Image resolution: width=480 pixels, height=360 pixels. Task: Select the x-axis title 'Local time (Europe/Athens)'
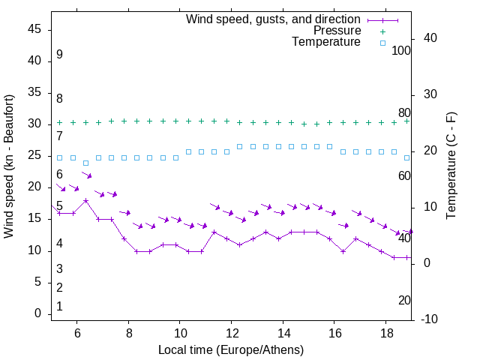231,349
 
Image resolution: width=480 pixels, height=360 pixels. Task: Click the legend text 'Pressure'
337,31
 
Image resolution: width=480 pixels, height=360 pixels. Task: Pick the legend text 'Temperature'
326,43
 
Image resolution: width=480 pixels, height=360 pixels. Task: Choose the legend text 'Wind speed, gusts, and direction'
274,19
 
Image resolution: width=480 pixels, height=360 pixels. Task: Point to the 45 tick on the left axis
34,29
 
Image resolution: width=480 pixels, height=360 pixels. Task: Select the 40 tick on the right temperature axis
431,38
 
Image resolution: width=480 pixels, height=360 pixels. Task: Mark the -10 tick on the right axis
429,319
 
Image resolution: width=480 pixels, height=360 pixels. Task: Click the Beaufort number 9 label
59,55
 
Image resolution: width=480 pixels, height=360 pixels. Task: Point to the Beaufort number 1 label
59,306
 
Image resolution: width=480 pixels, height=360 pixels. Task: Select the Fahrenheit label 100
402,50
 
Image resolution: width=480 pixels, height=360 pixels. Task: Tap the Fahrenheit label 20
404,300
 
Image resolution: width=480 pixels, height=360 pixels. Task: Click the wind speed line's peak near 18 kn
86,200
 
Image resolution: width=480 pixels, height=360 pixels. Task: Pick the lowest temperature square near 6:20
86,163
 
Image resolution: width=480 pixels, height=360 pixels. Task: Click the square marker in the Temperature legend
382,43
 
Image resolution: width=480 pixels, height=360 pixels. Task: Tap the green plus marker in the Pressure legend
382,31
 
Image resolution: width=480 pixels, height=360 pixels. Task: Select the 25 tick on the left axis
34,155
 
